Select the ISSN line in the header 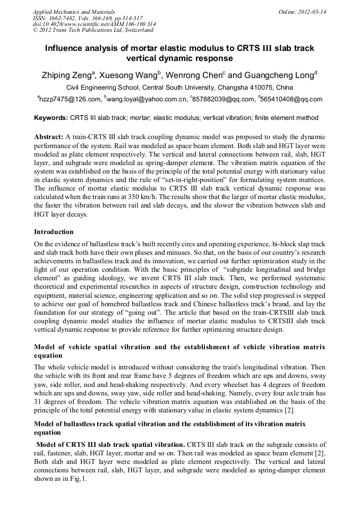[x=87, y=18]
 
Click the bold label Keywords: [x=51, y=117]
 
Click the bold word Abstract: [x=49, y=136]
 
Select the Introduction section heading [x=54, y=232]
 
